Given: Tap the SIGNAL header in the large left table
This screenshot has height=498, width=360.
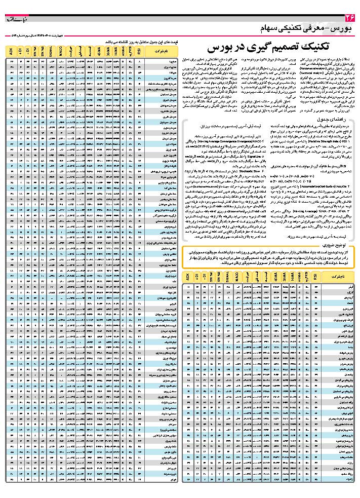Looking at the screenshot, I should (x=51, y=51).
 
